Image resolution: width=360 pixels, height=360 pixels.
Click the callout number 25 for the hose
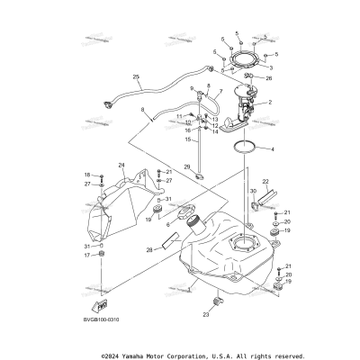(137, 76)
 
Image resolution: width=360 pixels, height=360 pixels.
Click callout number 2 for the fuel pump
(269, 103)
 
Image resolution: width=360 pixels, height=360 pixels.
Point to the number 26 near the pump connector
(267, 78)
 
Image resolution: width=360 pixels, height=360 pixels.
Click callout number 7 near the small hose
(220, 93)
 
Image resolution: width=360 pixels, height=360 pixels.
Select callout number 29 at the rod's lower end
(187, 166)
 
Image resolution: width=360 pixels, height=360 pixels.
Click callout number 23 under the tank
(206, 315)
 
